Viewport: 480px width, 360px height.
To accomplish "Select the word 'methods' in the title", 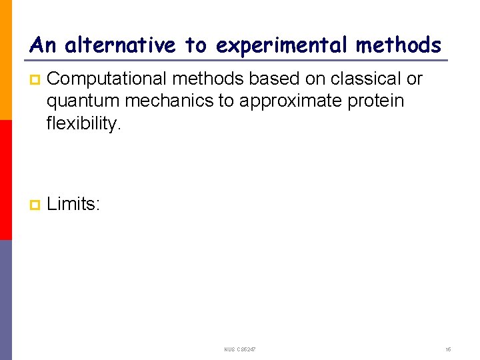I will click(398, 45).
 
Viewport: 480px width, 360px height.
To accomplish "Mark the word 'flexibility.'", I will click(84, 123).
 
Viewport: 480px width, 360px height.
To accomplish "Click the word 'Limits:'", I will click(73, 204).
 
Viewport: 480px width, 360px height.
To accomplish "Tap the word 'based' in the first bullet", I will click(275, 79).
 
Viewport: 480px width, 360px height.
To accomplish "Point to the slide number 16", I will click(448, 349).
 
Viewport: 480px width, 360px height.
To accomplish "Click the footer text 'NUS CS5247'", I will click(240, 349).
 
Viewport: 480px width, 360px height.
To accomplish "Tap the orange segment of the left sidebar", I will click(5, 60).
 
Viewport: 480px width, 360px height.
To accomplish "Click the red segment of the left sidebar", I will click(5, 180).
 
